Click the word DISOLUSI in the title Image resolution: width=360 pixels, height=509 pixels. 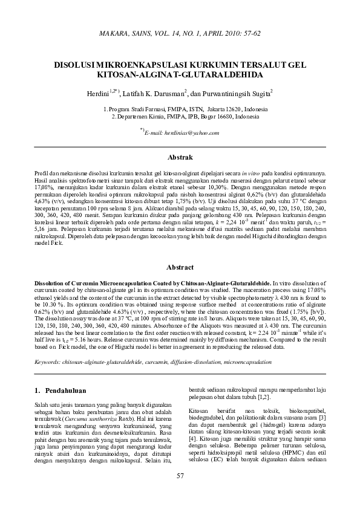point(79,63)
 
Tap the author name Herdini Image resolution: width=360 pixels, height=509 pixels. point(99,94)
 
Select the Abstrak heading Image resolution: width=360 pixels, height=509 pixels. point(180,158)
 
